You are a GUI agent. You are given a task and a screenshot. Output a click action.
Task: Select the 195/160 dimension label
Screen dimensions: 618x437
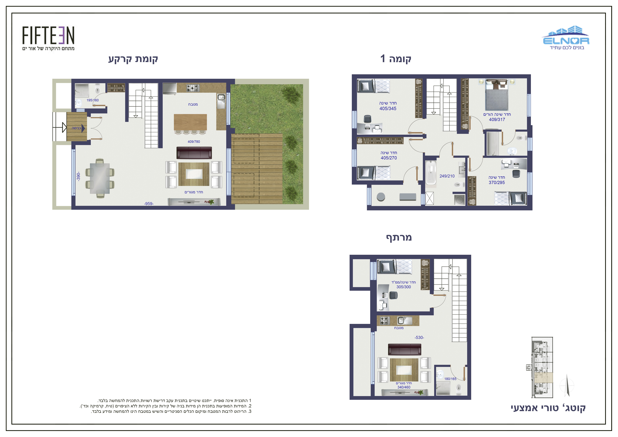point(93,100)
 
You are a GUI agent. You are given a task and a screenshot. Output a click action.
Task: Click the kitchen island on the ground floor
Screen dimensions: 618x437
point(190,122)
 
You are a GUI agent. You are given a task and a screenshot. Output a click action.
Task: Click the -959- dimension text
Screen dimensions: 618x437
point(149,204)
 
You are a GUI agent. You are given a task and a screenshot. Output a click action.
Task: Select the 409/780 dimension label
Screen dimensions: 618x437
point(194,142)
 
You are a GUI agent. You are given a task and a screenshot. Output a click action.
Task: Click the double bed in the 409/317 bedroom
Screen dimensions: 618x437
point(497,95)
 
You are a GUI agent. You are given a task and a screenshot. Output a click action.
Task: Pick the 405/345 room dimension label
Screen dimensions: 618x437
point(388,108)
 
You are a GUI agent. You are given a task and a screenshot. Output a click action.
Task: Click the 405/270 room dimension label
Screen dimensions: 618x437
point(389,158)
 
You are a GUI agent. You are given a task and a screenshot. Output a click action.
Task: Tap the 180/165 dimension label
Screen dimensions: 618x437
point(450,379)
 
